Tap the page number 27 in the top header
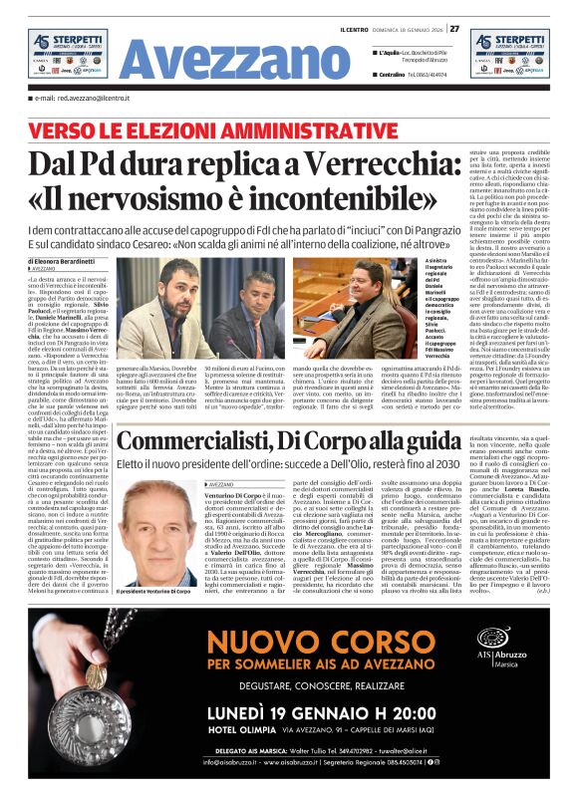pyautogui.click(x=454, y=28)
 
